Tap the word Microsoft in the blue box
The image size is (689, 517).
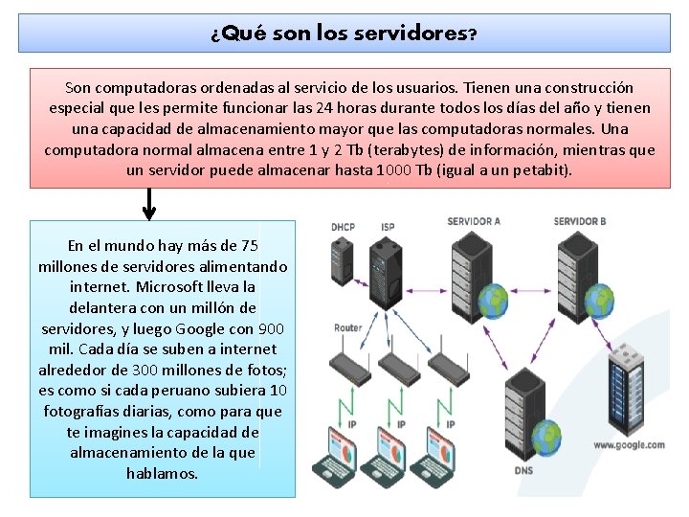(176, 287)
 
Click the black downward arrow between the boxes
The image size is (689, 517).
(149, 203)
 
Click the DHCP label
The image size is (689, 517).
(343, 228)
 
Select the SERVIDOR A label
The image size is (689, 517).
(474, 222)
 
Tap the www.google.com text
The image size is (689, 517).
(629, 445)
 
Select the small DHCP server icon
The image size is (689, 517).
(342, 262)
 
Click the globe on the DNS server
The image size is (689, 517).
(546, 438)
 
